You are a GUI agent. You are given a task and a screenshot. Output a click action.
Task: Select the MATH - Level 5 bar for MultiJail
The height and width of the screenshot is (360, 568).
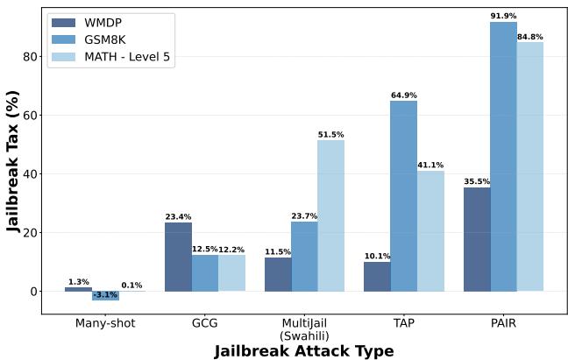click(330, 215)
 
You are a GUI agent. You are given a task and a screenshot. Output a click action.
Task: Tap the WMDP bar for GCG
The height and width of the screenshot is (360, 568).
click(178, 257)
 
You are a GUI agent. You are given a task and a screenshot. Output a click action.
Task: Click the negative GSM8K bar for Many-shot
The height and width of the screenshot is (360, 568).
click(104, 295)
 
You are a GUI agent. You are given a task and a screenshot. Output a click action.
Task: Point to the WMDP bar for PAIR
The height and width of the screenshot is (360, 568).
click(477, 239)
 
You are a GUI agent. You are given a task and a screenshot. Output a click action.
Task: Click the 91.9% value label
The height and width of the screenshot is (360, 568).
click(503, 16)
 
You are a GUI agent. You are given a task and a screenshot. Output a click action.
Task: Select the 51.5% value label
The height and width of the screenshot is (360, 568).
click(330, 134)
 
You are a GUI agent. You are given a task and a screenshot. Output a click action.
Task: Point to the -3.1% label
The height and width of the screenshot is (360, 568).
click(104, 295)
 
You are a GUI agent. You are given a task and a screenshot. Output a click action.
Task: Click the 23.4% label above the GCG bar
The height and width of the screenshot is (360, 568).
click(178, 216)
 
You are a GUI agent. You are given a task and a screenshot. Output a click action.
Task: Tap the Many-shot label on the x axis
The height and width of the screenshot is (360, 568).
click(104, 323)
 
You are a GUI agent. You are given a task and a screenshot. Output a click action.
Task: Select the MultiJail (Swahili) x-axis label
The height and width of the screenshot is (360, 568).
click(304, 328)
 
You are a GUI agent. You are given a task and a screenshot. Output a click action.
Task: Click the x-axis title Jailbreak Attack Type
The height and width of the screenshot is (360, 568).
click(304, 350)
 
